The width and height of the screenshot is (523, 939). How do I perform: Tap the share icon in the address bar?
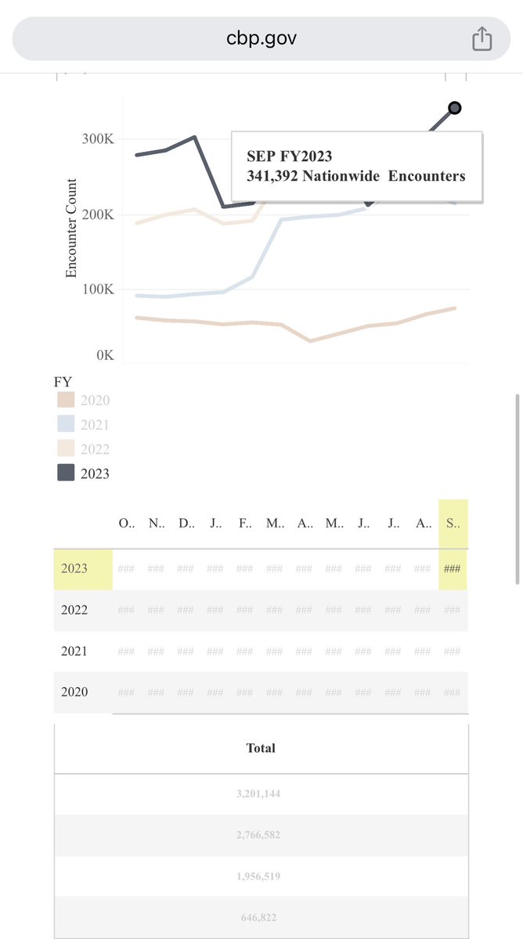[482, 38]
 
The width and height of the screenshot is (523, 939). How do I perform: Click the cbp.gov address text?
[261, 38]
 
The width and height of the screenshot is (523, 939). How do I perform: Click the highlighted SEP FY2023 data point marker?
[454, 108]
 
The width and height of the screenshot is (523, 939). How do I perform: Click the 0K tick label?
[105, 355]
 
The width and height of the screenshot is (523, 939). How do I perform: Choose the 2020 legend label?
[96, 401]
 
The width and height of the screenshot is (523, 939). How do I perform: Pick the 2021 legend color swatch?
[66, 425]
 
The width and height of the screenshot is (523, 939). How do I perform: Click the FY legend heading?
[63, 382]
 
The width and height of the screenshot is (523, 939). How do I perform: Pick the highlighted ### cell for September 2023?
[453, 569]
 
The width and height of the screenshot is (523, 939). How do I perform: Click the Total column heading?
[261, 748]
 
